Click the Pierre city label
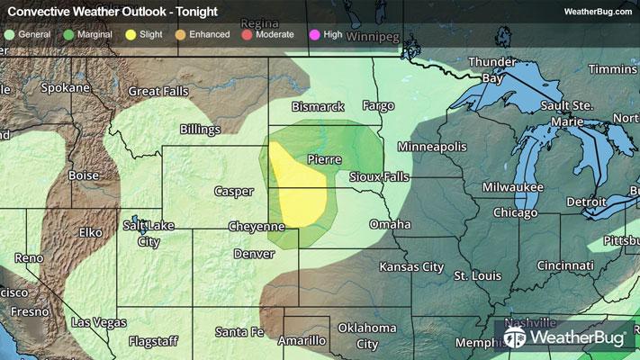324,159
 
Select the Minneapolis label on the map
433,146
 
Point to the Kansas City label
411,267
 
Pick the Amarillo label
301,341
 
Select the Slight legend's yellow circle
131,34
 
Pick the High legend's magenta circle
313,34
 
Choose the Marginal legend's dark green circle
70,34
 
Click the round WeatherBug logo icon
516,337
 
